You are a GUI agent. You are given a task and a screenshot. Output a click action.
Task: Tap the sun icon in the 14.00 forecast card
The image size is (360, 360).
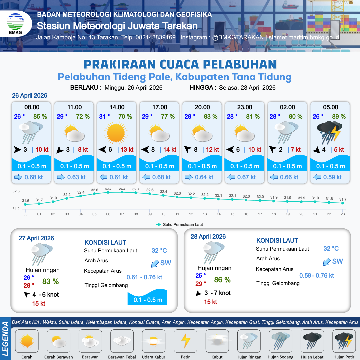117,132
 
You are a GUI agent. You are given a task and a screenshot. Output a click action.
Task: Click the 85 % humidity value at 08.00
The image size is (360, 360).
40,117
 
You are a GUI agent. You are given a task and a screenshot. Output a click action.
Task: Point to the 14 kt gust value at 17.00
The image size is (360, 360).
169,150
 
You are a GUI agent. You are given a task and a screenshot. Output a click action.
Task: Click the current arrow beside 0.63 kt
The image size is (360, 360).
61,177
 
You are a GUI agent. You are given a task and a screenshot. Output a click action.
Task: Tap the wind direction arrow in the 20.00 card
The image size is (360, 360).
188,150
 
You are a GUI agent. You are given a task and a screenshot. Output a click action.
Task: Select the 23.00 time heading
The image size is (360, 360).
245,107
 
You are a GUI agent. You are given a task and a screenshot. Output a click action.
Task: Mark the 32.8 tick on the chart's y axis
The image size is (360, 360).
16,191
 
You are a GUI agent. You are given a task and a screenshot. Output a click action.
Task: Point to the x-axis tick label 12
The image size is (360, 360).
191,214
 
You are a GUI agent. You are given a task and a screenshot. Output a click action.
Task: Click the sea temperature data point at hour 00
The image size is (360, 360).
25,204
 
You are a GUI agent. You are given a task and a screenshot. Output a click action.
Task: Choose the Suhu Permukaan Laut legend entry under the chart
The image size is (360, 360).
180,225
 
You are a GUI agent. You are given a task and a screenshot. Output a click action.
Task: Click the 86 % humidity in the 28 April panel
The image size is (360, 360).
223,280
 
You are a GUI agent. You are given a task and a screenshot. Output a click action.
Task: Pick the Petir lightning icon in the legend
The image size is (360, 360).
185,341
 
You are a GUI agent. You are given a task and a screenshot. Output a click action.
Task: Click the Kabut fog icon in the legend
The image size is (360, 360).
217,341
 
